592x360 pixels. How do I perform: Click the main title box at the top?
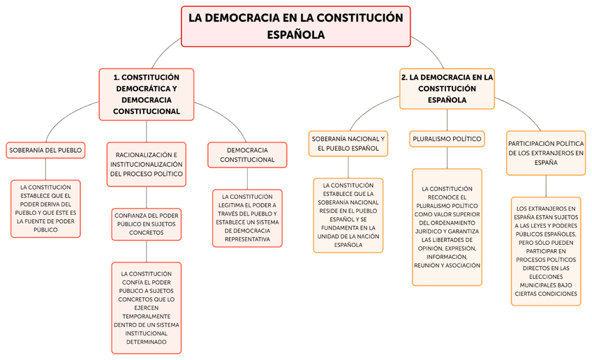coord(296,27)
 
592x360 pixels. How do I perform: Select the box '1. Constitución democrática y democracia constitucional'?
coord(146,93)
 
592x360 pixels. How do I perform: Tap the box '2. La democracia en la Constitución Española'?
coord(447,89)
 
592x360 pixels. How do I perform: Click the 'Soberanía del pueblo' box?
coord(45,149)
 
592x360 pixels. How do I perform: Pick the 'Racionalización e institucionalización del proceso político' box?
coord(146,164)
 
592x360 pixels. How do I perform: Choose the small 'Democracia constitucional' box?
coord(247,155)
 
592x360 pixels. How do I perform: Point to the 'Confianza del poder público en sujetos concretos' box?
coord(146,224)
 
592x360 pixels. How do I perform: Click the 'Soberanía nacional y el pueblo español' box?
coord(348,144)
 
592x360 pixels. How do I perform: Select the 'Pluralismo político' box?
coord(447,139)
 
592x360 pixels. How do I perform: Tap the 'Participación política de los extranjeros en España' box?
coord(546,152)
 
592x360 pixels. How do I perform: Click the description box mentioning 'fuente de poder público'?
coord(45,208)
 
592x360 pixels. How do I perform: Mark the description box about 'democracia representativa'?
coord(247,218)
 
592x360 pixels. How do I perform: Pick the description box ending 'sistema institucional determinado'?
coord(146,307)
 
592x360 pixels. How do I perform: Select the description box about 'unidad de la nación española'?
coord(348,214)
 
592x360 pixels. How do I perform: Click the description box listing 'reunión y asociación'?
coord(447,227)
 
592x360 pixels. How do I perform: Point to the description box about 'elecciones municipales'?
coord(546,251)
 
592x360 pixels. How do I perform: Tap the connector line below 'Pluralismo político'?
coord(447,158)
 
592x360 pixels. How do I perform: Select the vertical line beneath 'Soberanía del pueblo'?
coord(45,169)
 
